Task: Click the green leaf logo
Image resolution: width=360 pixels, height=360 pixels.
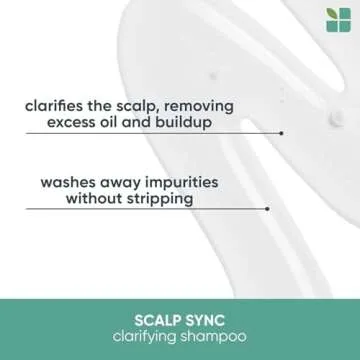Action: [339, 20]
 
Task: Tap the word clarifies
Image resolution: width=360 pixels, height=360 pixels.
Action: [55, 104]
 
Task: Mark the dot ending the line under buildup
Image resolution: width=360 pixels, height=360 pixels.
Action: [282, 132]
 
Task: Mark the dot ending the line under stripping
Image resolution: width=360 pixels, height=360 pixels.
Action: [267, 208]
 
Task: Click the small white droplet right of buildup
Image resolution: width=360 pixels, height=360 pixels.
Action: [333, 121]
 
